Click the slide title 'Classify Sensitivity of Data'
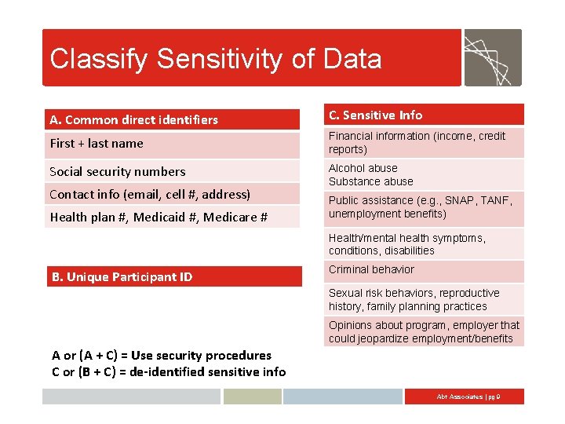pyautogui.click(x=216, y=59)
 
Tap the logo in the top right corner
pyautogui.click(x=492, y=57)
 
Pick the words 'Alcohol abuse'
pyautogui.click(x=363, y=168)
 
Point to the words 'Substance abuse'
pyautogui.click(x=371, y=181)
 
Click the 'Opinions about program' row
pyautogui.click(x=424, y=332)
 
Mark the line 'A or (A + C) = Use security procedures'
pyautogui.click(x=162, y=356)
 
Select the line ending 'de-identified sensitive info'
pyautogui.click(x=169, y=371)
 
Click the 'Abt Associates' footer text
pyautogui.click(x=468, y=397)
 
